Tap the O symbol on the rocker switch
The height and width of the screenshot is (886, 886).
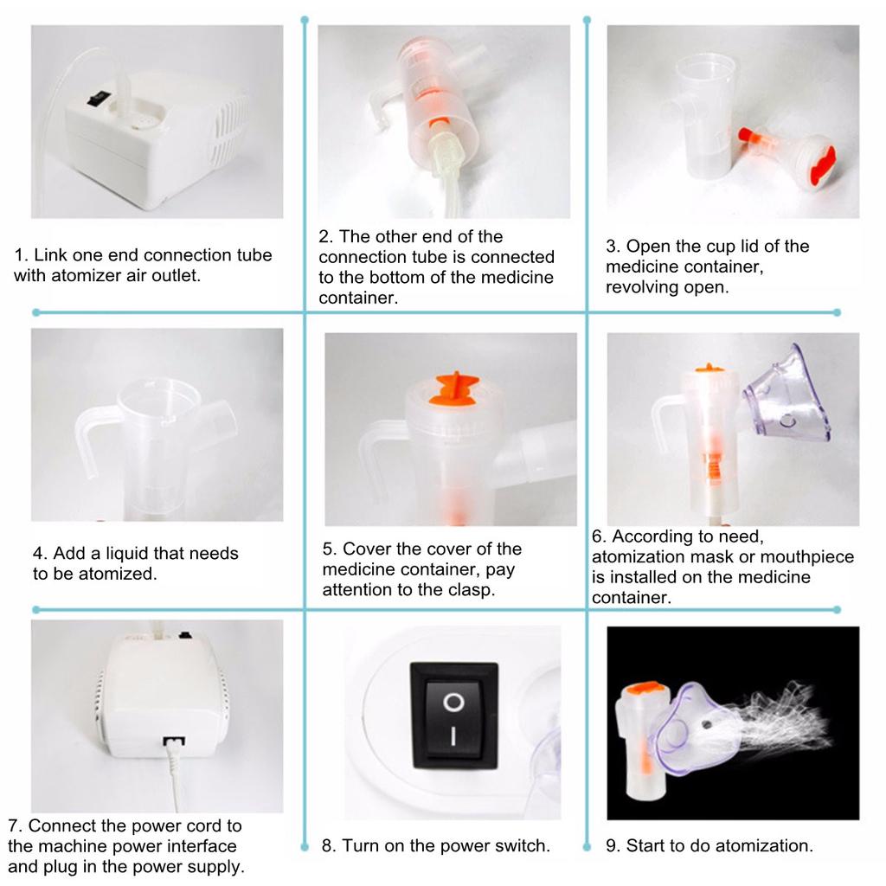tap(453, 703)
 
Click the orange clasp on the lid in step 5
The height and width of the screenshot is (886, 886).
tap(453, 388)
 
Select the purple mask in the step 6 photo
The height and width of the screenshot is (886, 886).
tap(787, 395)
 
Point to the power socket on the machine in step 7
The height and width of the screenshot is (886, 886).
tap(173, 741)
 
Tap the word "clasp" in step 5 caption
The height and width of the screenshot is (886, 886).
tap(468, 590)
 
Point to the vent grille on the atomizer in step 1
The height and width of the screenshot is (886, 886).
tap(228, 132)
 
